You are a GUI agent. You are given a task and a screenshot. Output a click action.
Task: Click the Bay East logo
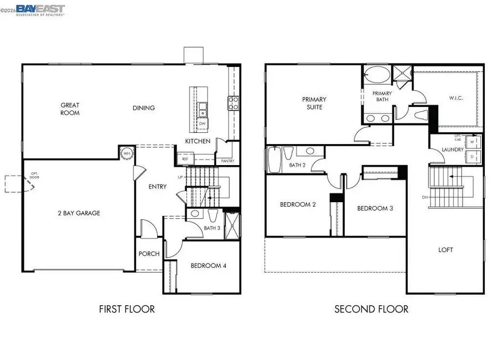click(x=40, y=9)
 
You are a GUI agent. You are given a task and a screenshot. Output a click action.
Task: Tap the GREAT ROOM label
click(x=70, y=109)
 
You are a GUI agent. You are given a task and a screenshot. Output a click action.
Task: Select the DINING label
click(x=144, y=108)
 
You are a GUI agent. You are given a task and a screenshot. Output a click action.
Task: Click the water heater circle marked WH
click(x=126, y=153)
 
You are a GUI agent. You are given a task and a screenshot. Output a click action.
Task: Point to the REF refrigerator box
click(x=185, y=159)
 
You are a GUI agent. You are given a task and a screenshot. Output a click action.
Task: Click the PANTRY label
click(x=227, y=161)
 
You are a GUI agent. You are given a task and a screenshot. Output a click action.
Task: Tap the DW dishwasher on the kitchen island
click(x=203, y=124)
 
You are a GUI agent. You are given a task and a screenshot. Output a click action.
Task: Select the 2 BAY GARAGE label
click(x=79, y=213)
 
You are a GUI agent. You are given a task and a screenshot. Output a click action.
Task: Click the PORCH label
click(x=149, y=254)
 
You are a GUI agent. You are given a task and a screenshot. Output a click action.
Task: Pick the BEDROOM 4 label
click(x=209, y=266)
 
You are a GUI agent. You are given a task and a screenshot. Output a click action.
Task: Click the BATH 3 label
click(x=211, y=228)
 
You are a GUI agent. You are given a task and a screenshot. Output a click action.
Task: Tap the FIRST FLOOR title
click(x=127, y=308)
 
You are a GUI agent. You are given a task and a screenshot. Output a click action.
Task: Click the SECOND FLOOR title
click(x=371, y=308)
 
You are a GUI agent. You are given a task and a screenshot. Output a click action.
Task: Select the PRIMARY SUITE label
click(x=314, y=103)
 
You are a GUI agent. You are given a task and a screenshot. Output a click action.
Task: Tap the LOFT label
click(x=445, y=250)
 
